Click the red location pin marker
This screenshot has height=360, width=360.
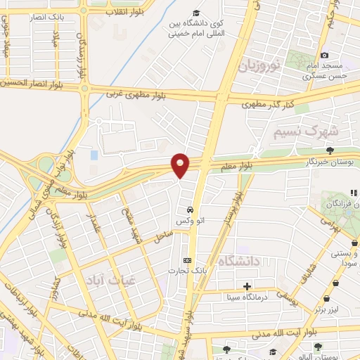[x=181, y=165]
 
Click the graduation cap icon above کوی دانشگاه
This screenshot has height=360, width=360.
[x=196, y=13]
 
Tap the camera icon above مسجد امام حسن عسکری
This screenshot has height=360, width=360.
[x=324, y=56]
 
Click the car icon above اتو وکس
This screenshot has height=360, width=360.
[x=190, y=210]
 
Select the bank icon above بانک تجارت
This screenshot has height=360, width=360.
[x=186, y=259]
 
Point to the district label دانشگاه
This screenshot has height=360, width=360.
[x=238, y=261]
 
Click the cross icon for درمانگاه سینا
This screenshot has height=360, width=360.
[x=247, y=286]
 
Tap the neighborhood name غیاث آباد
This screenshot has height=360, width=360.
[x=105, y=279]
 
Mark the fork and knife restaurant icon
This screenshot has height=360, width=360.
[x=354, y=193]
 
